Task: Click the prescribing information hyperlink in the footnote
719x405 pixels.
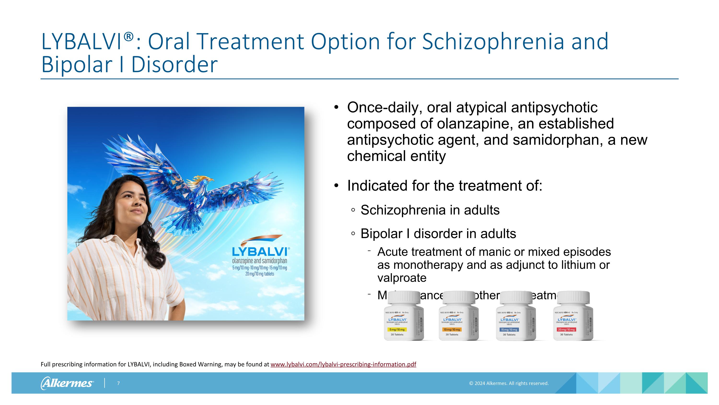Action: [x=343, y=364]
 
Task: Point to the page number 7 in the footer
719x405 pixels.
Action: [x=118, y=383]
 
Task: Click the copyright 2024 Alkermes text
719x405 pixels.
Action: [x=509, y=383]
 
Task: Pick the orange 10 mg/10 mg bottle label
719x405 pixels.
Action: [x=452, y=330]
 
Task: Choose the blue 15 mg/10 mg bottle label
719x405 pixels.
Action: [x=509, y=330]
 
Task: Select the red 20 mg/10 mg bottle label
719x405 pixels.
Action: [x=566, y=330]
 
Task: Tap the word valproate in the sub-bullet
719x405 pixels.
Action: [x=402, y=278]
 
